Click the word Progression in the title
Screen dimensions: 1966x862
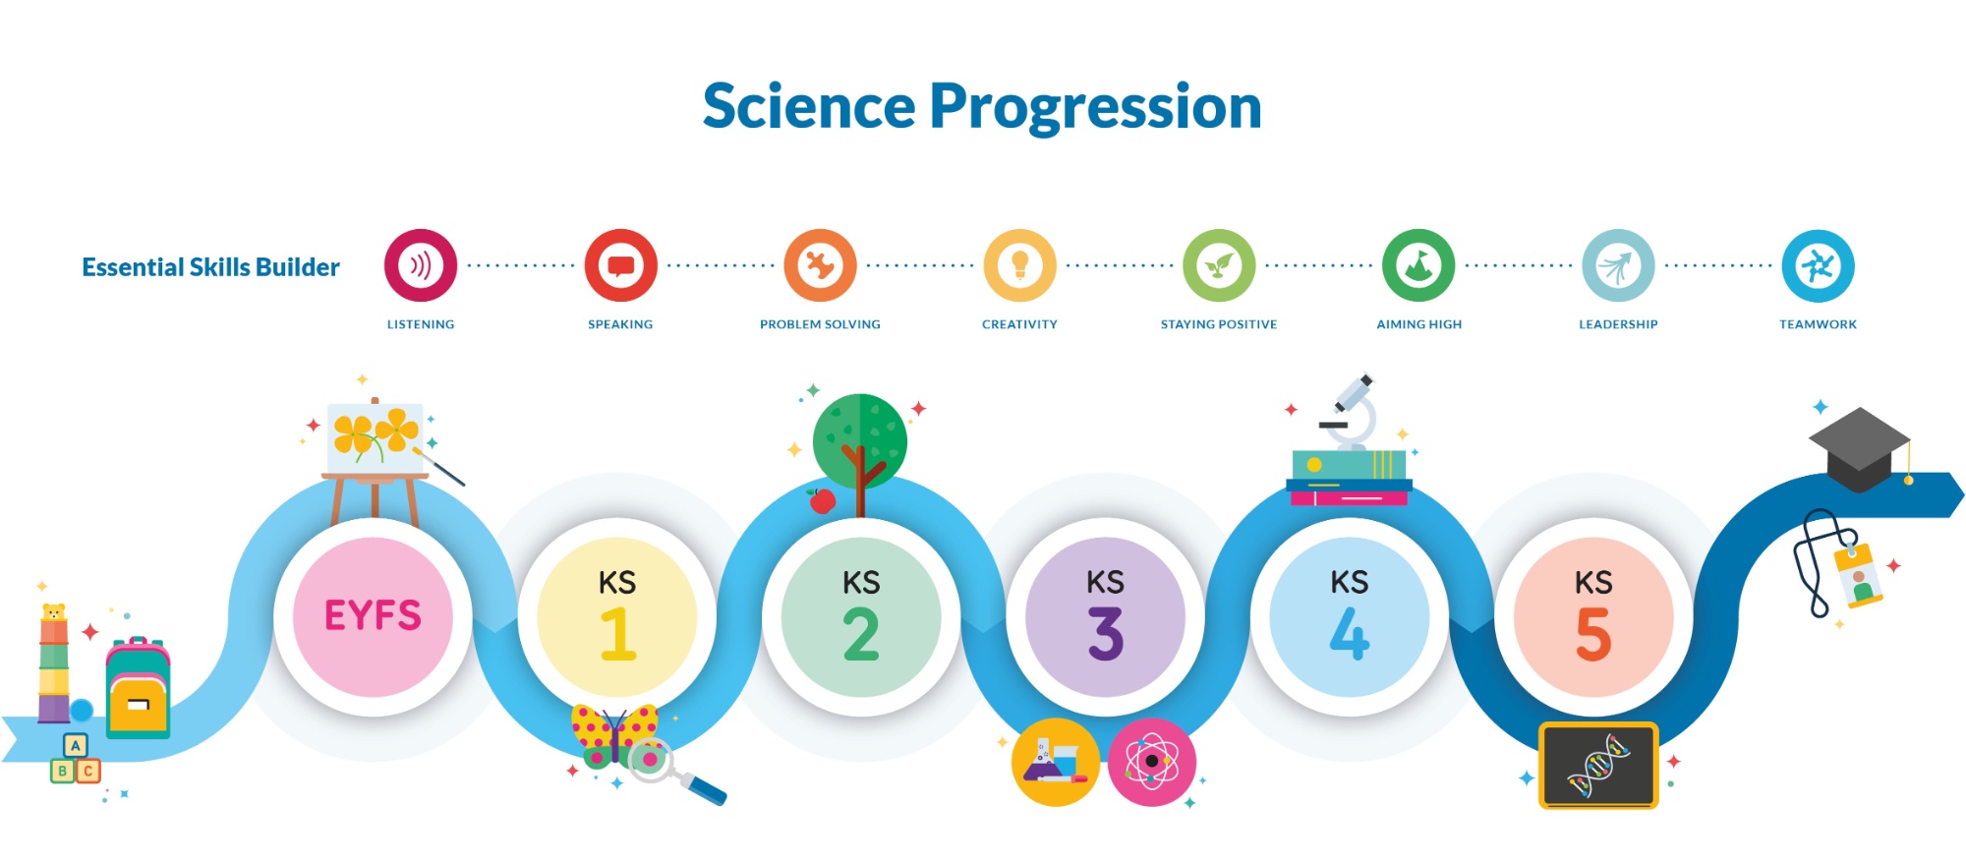point(1095,108)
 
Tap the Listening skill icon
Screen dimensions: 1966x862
point(421,265)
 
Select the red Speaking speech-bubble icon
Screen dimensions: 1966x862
point(620,265)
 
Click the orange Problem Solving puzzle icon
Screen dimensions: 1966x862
point(820,265)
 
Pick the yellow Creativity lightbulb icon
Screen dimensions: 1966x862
point(1019,265)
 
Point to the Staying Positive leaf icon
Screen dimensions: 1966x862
point(1219,265)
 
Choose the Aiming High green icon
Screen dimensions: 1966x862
point(1418,265)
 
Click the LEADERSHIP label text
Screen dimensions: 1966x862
point(1618,324)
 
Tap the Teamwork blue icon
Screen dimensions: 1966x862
point(1818,265)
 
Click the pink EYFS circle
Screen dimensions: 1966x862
point(373,616)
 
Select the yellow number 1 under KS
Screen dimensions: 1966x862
point(618,633)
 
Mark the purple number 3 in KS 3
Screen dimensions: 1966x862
point(1106,633)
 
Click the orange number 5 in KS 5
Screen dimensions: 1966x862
point(1593,633)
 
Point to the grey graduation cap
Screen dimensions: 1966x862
point(1860,448)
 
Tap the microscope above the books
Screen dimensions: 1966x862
point(1351,412)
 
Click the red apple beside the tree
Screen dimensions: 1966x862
point(822,500)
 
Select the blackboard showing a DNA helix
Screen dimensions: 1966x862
point(1598,766)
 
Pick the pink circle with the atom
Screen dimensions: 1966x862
point(1152,762)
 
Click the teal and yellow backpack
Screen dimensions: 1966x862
point(138,687)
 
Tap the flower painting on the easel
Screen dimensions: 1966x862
point(375,436)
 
